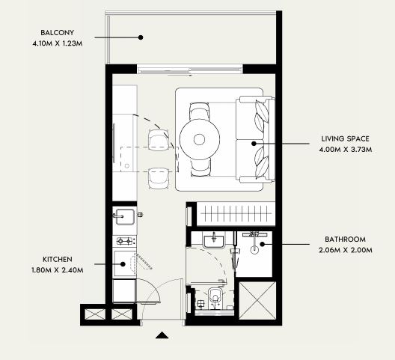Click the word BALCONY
pos(58,33)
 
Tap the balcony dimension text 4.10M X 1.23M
pos(58,43)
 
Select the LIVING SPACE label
pos(345,139)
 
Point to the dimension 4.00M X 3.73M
pos(346,150)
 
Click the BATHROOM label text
pos(345,240)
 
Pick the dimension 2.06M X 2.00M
pos(346,250)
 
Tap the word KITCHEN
pos(58,260)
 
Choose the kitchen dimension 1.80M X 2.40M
pos(58,270)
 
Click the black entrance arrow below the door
pos(162,335)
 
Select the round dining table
pos(200,139)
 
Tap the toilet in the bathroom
pos(215,298)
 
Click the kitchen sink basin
pos(125,217)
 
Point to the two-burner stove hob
pos(124,241)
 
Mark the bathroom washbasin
pos(214,242)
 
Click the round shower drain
pos(254,250)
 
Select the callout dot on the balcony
pos(141,37)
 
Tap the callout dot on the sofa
pos(254,144)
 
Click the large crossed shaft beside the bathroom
pos(257,301)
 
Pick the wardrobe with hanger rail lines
pos(236,214)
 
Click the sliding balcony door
pos(190,70)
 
